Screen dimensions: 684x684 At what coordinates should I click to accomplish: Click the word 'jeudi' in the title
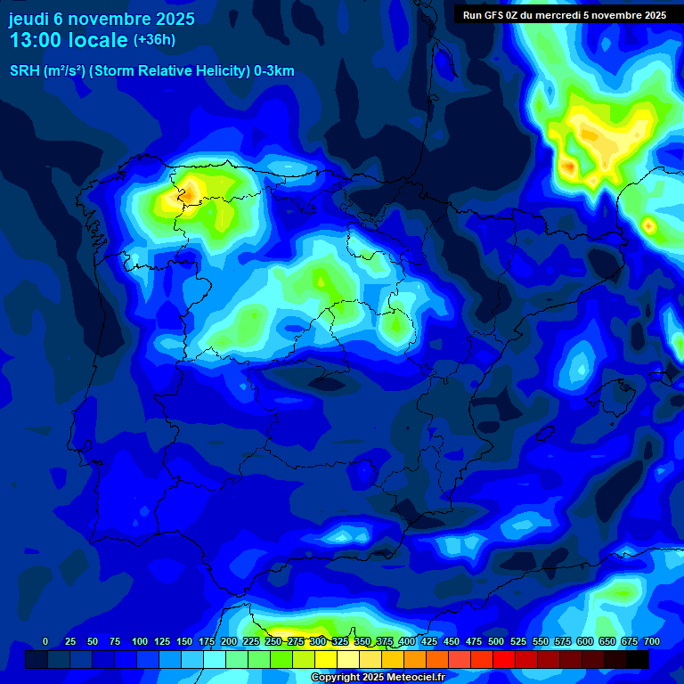click(x=29, y=19)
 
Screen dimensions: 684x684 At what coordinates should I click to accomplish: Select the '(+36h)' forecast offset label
click(x=154, y=40)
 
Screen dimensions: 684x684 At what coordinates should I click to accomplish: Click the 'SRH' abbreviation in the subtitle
click(x=25, y=71)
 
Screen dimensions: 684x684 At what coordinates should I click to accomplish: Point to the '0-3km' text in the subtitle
click(x=273, y=71)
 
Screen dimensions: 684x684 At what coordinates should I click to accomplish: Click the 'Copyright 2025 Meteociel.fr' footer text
click(x=378, y=677)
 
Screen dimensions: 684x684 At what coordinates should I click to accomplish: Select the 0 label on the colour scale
click(x=45, y=641)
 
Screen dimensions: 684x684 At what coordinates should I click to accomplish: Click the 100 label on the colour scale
click(x=139, y=641)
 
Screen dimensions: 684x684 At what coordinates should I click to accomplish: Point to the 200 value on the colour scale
click(x=228, y=641)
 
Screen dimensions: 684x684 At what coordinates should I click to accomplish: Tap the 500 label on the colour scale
click(x=496, y=641)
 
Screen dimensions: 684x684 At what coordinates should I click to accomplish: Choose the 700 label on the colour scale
click(x=651, y=641)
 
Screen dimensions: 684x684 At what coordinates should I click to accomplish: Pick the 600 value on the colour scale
click(x=585, y=641)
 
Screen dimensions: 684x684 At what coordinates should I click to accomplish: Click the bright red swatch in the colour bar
click(x=504, y=660)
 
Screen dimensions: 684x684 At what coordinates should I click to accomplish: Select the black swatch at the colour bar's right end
click(x=638, y=660)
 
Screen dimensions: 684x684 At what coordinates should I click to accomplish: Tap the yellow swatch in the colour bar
click(x=326, y=660)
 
